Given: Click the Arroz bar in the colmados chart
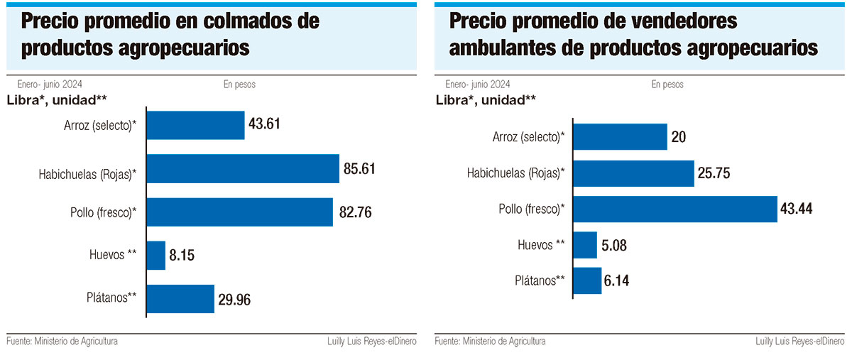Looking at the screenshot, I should click(x=195, y=125).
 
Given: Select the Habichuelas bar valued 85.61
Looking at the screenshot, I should click(x=242, y=169).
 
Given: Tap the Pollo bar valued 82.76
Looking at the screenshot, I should click(x=239, y=212).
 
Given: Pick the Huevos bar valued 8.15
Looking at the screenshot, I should click(x=156, y=255).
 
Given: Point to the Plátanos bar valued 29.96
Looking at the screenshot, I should click(x=180, y=298).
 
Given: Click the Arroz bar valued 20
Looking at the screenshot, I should click(x=620, y=136).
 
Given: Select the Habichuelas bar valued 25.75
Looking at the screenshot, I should click(x=633, y=173).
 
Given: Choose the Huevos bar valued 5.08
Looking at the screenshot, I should click(x=585, y=245).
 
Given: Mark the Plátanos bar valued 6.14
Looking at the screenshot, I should click(x=587, y=280).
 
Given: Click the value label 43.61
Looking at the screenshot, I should click(x=265, y=124).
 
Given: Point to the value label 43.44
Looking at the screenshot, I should click(x=796, y=209).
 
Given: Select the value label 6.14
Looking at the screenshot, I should click(x=618, y=281).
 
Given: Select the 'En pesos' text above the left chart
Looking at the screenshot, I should click(x=239, y=84).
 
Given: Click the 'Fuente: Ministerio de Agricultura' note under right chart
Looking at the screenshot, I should click(x=490, y=342).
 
